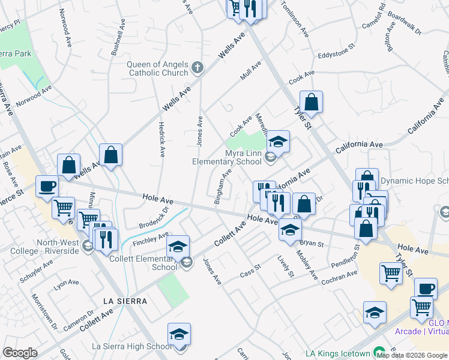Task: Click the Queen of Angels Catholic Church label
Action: coord(158,69)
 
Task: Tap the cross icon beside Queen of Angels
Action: coord(199,69)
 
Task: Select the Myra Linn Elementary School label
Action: coord(227,157)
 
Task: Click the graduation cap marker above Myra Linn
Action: coord(278,142)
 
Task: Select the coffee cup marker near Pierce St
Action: coord(47,186)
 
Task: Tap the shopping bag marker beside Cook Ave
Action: coord(312,103)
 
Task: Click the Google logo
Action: coord(20,353)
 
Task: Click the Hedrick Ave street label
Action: coord(161,139)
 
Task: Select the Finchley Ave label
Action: coord(151,239)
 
